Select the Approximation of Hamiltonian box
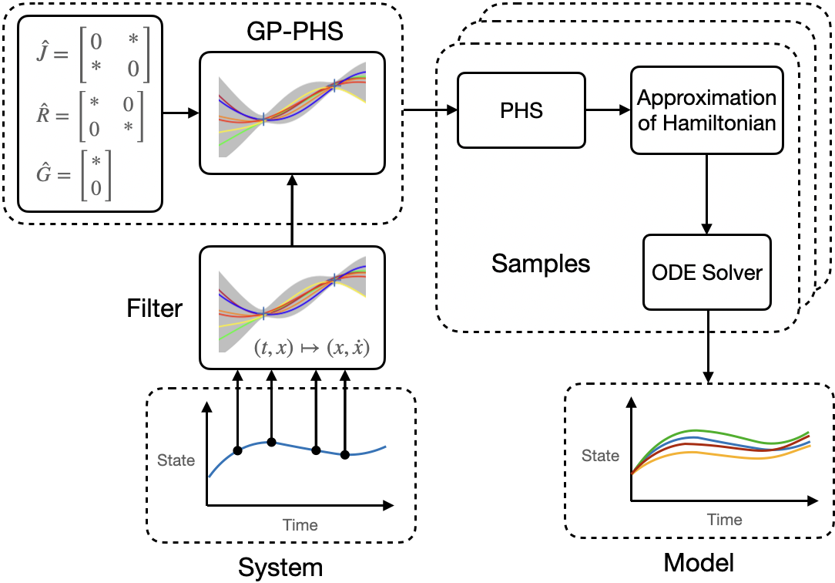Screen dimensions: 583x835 pos(706,110)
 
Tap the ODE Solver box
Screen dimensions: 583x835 pos(706,272)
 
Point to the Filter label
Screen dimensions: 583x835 pos(155,308)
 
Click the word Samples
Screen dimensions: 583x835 pos(541,264)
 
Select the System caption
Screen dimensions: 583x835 pos(280,567)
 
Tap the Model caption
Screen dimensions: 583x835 pos(699,562)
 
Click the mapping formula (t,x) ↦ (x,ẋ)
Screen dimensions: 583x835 pos(311,348)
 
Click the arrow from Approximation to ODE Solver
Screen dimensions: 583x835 pos(706,194)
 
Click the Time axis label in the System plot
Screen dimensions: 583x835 pos(300,525)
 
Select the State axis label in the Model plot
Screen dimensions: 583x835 pos(600,456)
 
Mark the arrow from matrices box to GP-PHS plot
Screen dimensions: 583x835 pos(180,113)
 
